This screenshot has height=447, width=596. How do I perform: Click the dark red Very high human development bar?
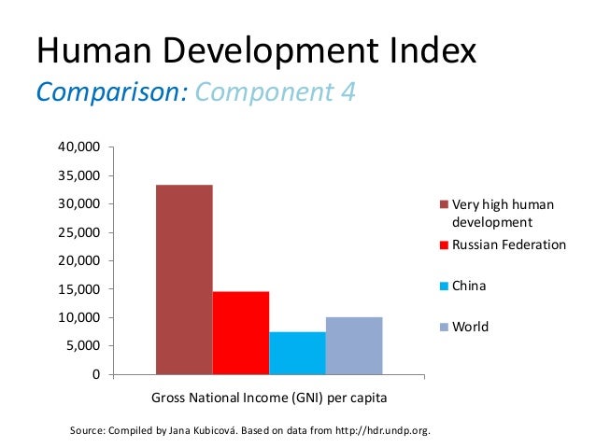click(x=184, y=280)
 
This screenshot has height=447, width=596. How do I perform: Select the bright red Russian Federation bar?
click(x=241, y=333)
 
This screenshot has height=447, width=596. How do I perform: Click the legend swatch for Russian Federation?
click(x=445, y=245)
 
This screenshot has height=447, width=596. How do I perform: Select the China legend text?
click(x=469, y=286)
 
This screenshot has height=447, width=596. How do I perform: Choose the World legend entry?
click(x=470, y=328)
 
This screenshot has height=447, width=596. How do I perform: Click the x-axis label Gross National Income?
click(x=242, y=398)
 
